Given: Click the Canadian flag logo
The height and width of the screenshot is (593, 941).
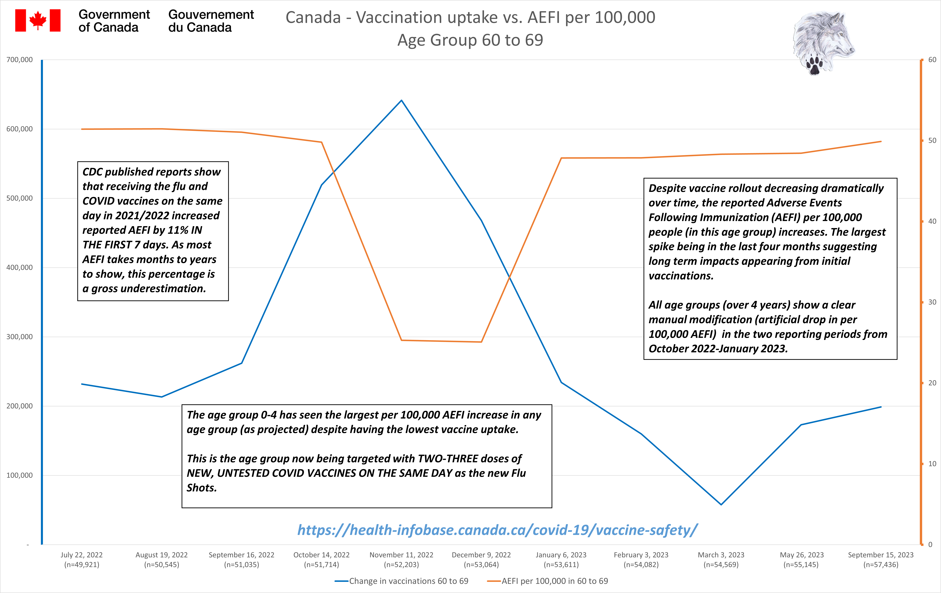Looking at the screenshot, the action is tap(38, 20).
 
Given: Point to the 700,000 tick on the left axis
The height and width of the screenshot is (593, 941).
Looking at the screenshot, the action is tap(20, 60).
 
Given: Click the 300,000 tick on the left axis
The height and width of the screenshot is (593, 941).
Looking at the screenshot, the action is tap(20, 336).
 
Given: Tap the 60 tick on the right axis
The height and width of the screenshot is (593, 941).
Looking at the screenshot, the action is tap(932, 60).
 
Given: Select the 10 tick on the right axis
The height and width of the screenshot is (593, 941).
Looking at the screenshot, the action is tap(932, 464).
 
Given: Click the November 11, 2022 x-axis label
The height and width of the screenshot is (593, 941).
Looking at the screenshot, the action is tap(401, 559).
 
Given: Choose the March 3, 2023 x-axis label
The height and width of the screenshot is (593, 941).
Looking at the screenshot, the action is tap(721, 559).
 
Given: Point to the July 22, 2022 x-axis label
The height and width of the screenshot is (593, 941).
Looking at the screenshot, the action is tap(82, 559).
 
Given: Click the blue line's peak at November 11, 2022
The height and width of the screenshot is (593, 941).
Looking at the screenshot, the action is tap(401, 100).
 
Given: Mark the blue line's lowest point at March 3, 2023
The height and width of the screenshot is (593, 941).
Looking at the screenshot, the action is tap(721, 504).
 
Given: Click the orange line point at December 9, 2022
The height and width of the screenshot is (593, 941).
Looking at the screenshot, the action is tap(481, 342).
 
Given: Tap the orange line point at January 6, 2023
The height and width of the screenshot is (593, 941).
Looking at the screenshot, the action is tap(561, 158).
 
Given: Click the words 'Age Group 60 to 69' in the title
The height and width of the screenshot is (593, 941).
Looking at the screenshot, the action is tap(470, 40).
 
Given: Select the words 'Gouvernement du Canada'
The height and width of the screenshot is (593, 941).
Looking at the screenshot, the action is tap(211, 21).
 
